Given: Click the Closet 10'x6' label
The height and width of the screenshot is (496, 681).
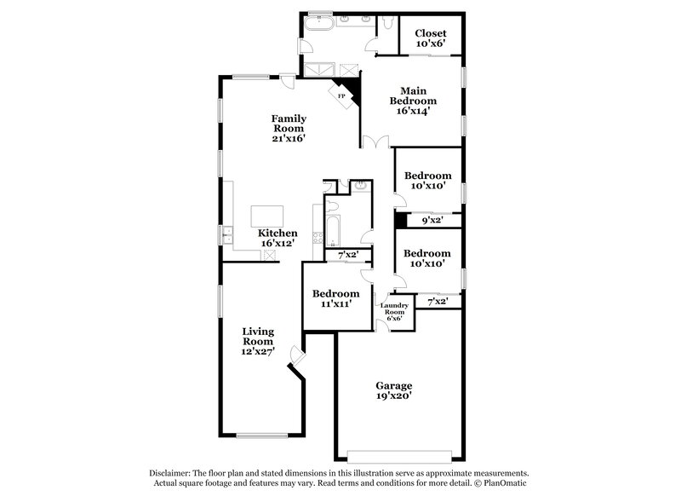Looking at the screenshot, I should pyautogui.click(x=430, y=38).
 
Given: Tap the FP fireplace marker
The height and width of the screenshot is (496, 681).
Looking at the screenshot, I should pyautogui.click(x=342, y=96).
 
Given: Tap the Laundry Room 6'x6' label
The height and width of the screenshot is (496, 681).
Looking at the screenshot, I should pyautogui.click(x=395, y=310).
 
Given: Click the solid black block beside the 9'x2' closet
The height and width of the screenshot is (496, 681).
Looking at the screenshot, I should pyautogui.click(x=398, y=220).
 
